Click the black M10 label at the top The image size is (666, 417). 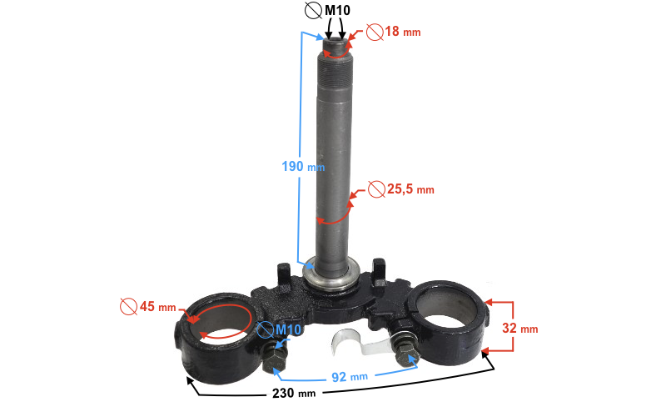coord(337,10)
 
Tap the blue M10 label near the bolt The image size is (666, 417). coord(288,329)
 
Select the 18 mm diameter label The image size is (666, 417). coord(403,32)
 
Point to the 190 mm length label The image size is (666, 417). coord(303,166)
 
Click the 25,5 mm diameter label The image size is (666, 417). coord(410,189)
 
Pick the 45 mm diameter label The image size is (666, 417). coord(157,306)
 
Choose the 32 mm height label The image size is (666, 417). coord(519,328)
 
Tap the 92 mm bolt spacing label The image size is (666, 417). coord(349,377)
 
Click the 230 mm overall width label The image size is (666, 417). coord(294,393)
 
